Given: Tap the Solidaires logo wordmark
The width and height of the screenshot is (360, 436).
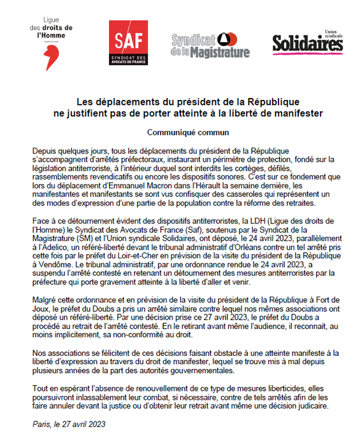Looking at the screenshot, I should [307, 43].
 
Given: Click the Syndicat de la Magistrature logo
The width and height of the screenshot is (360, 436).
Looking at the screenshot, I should [210, 45].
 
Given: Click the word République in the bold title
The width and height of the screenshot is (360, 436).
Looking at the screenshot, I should [263, 102].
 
